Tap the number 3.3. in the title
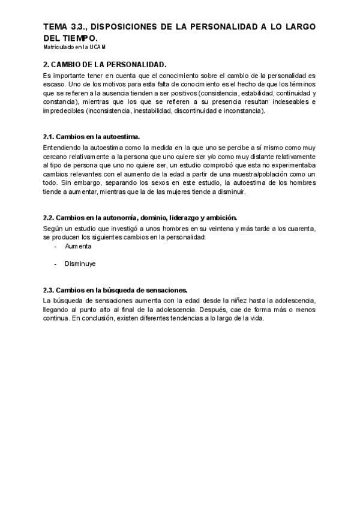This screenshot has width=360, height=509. pyautogui.click(x=79, y=27)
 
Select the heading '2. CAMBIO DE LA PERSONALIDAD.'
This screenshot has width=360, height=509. pyautogui.click(x=105, y=64)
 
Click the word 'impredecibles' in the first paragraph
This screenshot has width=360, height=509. pyautogui.click(x=64, y=111)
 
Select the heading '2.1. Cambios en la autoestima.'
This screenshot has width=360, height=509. pyautogui.click(x=92, y=137)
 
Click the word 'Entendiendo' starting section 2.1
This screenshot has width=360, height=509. pyautogui.click(x=63, y=148)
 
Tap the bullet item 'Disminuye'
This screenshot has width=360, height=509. pyautogui.click(x=80, y=264)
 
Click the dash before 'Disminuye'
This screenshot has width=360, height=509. pyautogui.click(x=55, y=264)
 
